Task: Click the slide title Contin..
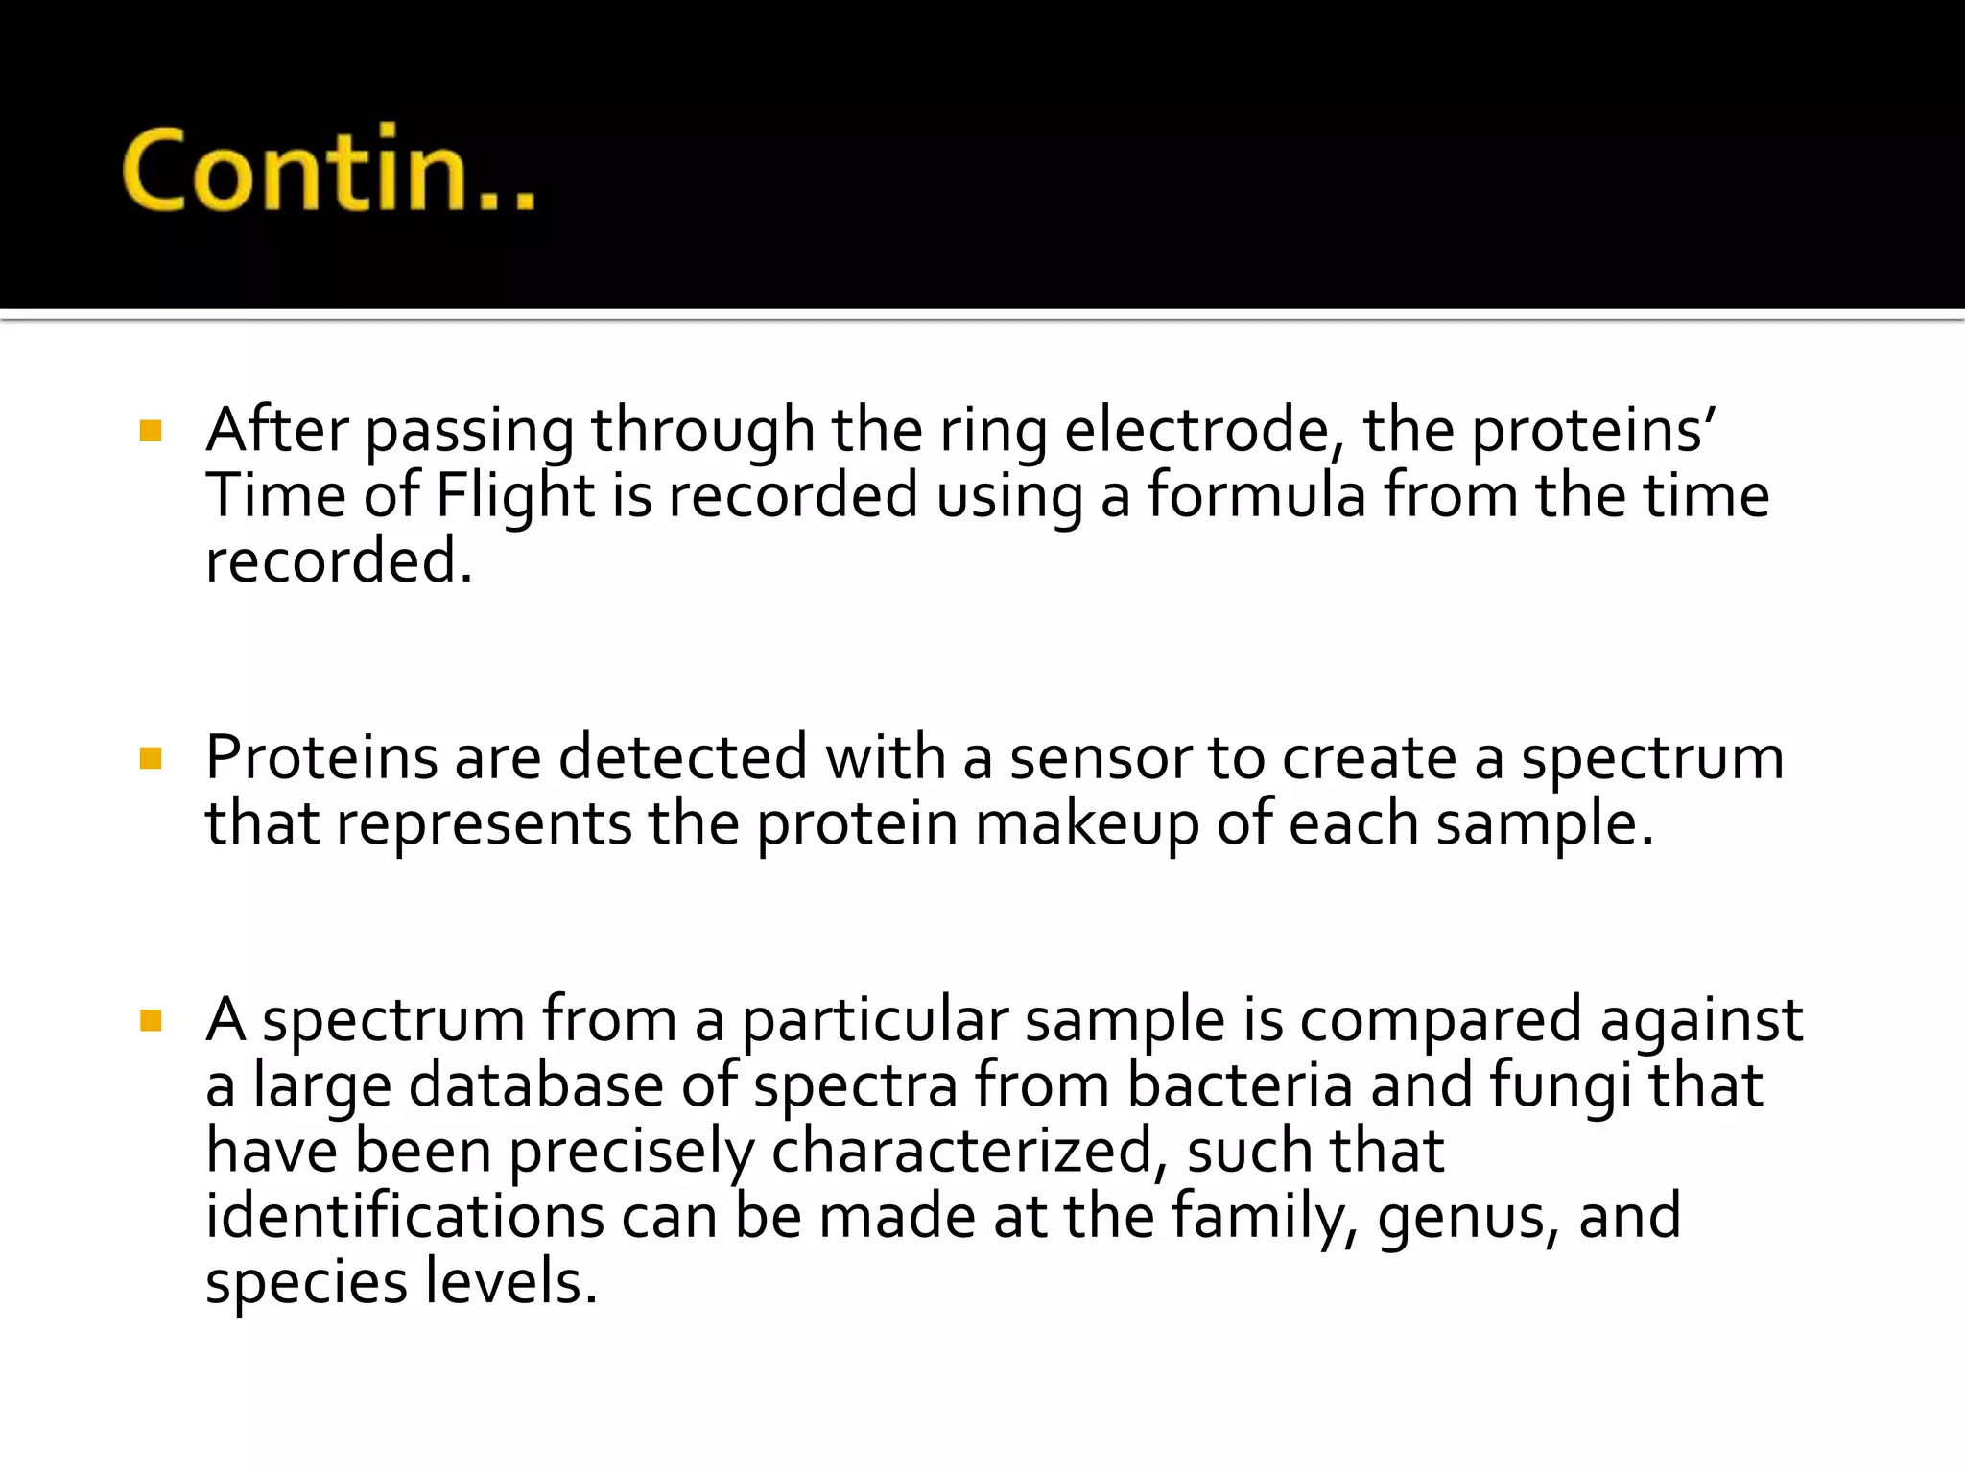tap(328, 170)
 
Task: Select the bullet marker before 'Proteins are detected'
tap(151, 759)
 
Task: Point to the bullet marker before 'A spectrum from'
tap(151, 1020)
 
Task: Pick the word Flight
tap(515, 497)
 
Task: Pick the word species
tap(306, 1284)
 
